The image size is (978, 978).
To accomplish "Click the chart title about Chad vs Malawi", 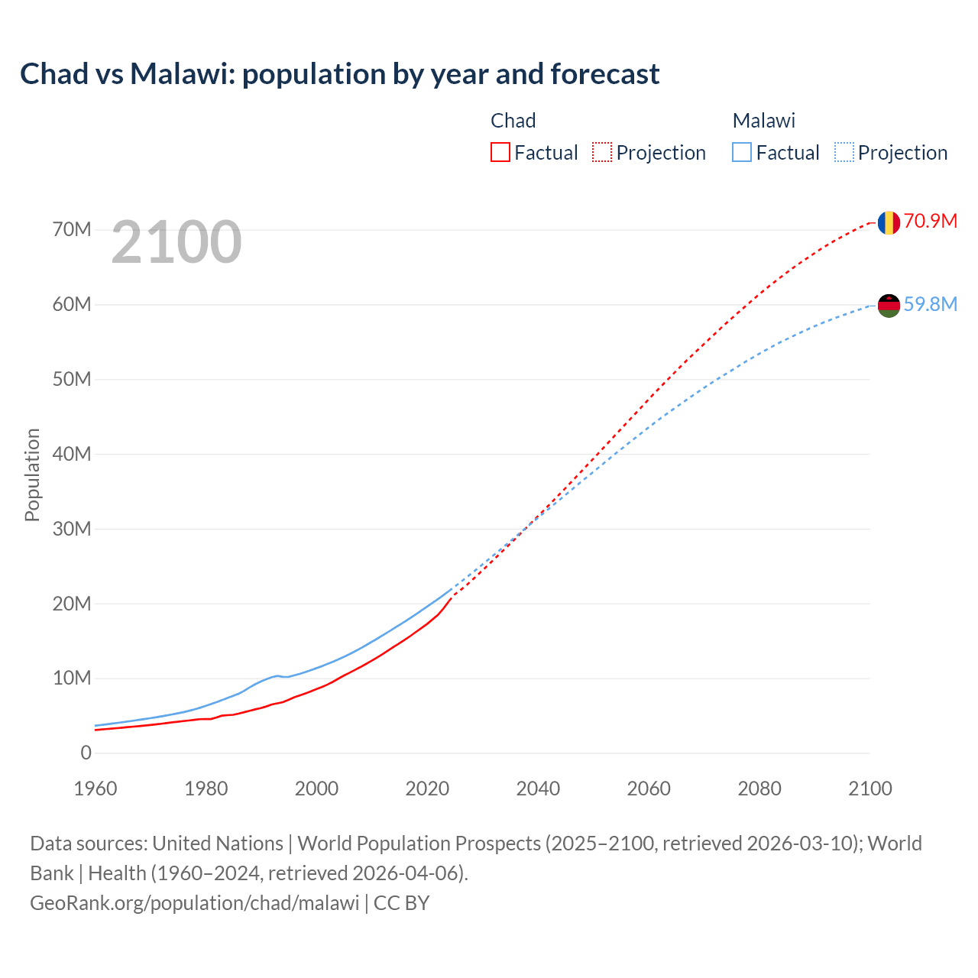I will tap(339, 74).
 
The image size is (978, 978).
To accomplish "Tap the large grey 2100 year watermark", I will tap(176, 242).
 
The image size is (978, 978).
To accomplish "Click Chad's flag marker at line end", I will tap(888, 222).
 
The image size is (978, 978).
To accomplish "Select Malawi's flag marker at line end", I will tap(888, 306).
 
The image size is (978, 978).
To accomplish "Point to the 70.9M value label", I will tap(930, 222).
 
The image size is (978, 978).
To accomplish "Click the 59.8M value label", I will tap(930, 305).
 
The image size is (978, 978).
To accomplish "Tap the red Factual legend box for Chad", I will tap(500, 153).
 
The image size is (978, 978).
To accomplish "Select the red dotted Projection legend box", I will tap(602, 153).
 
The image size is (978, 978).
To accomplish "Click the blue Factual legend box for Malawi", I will tap(742, 153).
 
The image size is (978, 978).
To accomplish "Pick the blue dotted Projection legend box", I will tap(844, 153).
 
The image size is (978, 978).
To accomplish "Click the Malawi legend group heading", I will tap(763, 121).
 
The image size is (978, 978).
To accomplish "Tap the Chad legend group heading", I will tap(513, 121).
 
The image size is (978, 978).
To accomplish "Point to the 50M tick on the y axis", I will tap(72, 380).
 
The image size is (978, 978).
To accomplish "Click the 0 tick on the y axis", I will tap(86, 753).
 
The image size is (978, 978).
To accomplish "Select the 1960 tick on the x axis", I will tap(96, 789).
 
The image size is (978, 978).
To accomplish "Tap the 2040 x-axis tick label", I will tap(538, 789).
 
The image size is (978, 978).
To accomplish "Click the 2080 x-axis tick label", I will tap(759, 789).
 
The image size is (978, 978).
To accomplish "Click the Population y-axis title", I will tap(32, 474).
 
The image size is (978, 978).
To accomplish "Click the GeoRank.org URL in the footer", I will tap(194, 903).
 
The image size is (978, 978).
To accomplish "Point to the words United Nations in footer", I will tap(218, 844).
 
